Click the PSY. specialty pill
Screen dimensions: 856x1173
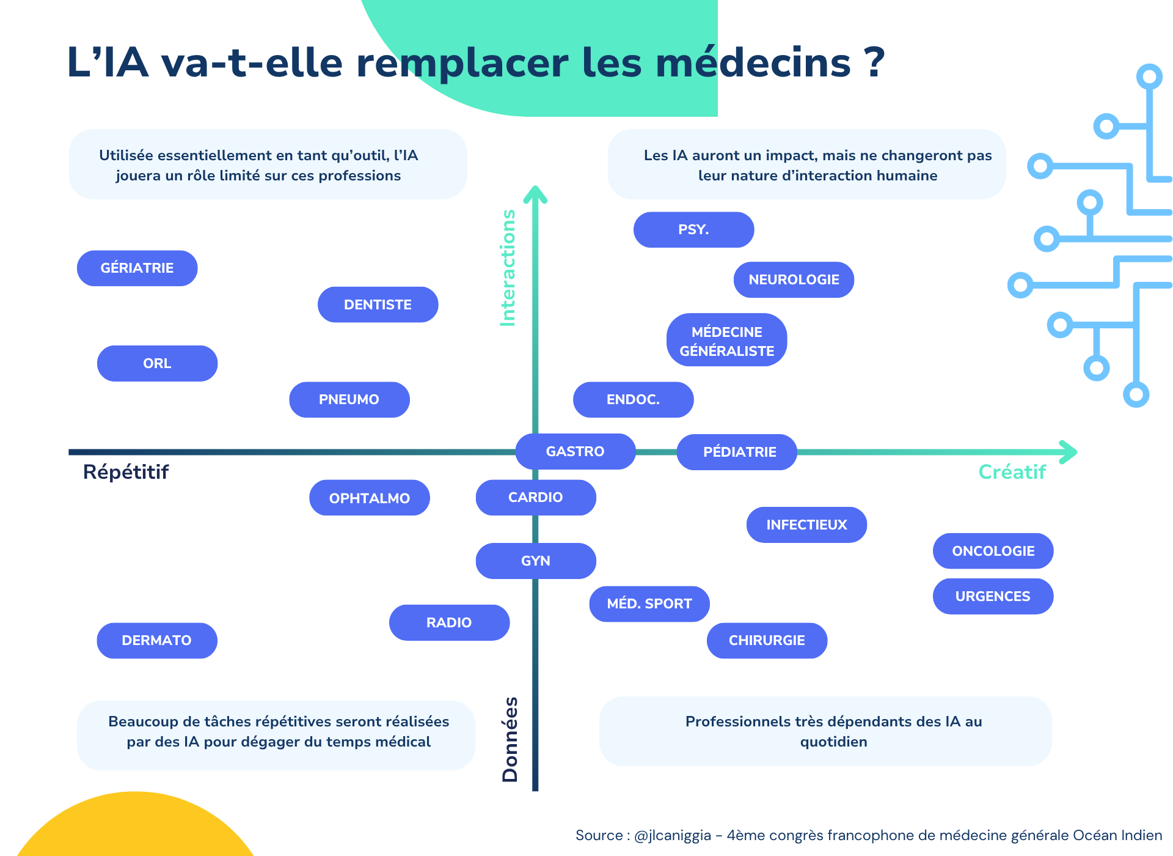(x=693, y=230)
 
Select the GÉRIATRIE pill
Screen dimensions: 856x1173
(x=137, y=268)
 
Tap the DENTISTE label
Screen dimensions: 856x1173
(x=378, y=304)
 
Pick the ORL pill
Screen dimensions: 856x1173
(x=157, y=363)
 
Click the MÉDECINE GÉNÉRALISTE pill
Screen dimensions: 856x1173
(x=726, y=341)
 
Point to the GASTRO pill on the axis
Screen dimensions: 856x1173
(x=575, y=451)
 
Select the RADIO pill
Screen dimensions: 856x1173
(x=449, y=622)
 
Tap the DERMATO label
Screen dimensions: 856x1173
(x=156, y=640)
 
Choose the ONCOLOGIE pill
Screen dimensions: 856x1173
(x=993, y=551)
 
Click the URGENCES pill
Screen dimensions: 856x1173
(x=993, y=596)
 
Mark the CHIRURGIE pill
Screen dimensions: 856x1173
(x=767, y=640)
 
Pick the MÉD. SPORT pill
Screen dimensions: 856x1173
(x=649, y=603)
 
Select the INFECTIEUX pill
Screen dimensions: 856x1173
(x=806, y=525)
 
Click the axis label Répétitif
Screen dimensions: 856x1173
(x=126, y=472)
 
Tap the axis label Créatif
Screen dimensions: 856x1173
(x=1012, y=472)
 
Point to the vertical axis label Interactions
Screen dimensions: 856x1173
(x=508, y=268)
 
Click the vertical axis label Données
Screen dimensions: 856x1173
(x=510, y=739)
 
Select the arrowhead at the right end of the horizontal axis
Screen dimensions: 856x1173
(x=1069, y=452)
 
